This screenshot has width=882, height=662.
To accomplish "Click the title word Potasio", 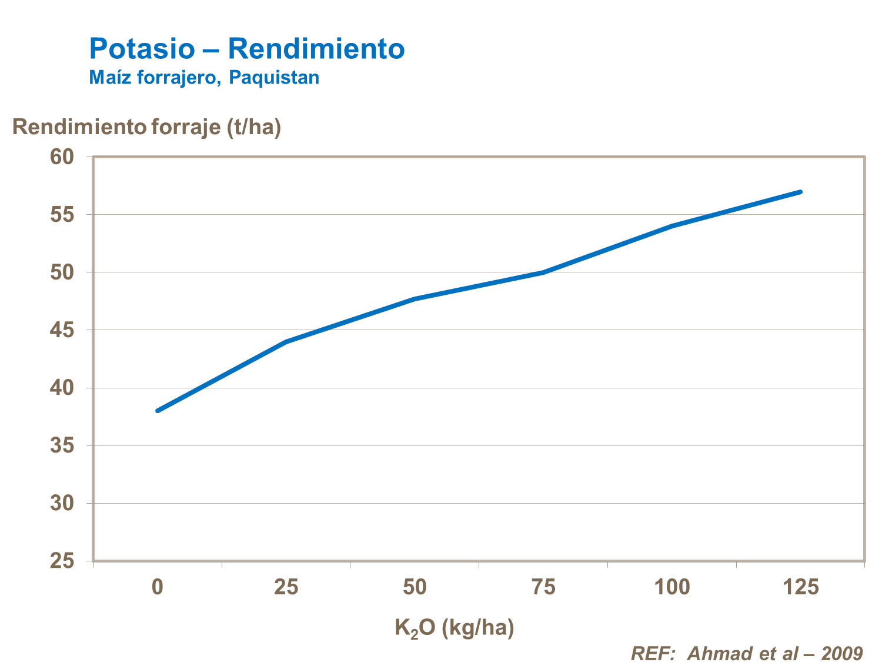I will pos(141,49).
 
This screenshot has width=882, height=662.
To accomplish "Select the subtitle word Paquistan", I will pos(274,78).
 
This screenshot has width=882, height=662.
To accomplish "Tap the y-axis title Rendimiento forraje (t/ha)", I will pos(146,127).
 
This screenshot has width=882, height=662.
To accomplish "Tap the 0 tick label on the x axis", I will pos(158,587).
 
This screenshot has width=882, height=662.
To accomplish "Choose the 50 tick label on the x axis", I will pos(415,587).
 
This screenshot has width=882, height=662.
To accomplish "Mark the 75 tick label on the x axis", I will pos(543,587).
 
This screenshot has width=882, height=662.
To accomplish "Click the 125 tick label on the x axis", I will pos(800,587).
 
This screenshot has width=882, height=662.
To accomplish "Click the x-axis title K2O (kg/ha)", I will pos(455,628).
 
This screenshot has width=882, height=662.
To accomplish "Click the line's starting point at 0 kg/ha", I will pos(158,411).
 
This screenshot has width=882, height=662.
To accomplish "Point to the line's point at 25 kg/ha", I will pos(286,341).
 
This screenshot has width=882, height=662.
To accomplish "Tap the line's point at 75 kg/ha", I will pos(543,272).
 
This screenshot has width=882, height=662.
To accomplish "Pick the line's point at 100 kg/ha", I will pos(672,226).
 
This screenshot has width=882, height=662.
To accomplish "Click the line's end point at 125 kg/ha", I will pos(800,192).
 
